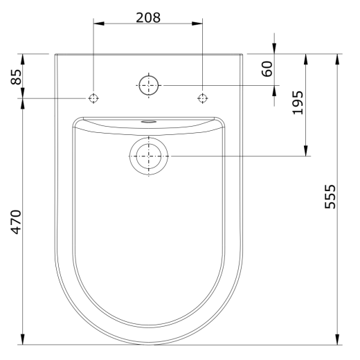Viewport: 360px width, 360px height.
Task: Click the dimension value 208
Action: tap(148, 17)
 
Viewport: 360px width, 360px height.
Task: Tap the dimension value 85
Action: tap(16, 77)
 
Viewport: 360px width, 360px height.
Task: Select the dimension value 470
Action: tap(16, 222)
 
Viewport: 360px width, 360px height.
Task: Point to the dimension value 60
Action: tap(267, 69)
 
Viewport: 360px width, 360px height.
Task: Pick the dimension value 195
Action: tap(298, 102)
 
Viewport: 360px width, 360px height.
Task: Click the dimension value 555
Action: tap(330, 197)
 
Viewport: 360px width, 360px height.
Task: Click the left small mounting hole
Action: tap(93, 98)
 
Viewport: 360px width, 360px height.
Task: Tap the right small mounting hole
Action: tap(202, 98)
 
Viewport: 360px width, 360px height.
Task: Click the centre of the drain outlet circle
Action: tap(149, 156)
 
